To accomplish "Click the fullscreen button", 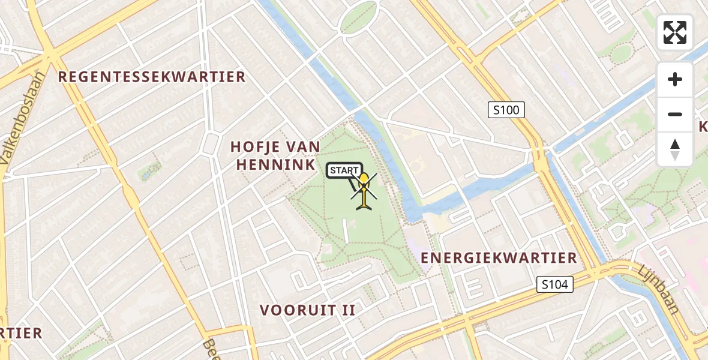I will pyautogui.click(x=675, y=32).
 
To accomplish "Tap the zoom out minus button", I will pyautogui.click(x=675, y=114).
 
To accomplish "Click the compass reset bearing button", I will pyautogui.click(x=675, y=149).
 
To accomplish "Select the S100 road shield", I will pyautogui.click(x=506, y=110).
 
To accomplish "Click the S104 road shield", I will pyautogui.click(x=554, y=284).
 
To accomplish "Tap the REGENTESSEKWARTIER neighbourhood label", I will pyautogui.click(x=152, y=77).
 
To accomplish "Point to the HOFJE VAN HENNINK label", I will pyautogui.click(x=276, y=155).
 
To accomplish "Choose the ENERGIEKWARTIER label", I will pyautogui.click(x=499, y=258).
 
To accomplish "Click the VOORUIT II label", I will pyautogui.click(x=307, y=310).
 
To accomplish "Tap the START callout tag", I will pyautogui.click(x=344, y=170).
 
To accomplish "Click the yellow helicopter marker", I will pyautogui.click(x=364, y=191).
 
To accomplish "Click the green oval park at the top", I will pyautogui.click(x=358, y=19).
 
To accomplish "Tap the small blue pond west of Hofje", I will pyautogui.click(x=146, y=175).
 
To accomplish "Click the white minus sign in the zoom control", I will pyautogui.click(x=675, y=114).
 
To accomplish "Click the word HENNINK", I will pyautogui.click(x=276, y=164).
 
